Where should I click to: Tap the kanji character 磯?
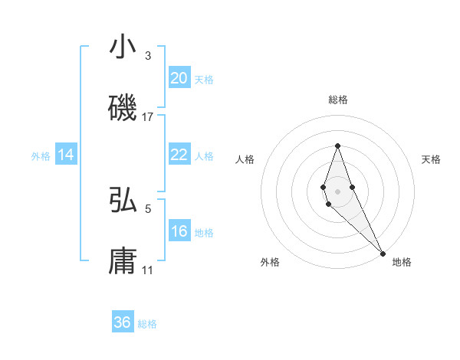pos(123,110)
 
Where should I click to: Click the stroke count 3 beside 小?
pos(148,56)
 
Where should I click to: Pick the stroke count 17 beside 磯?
pos(148,117)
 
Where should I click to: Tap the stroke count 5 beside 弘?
pos(149,208)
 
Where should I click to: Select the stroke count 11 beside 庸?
pos(148,270)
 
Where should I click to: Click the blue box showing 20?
pos(179,78)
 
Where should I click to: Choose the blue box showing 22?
pos(179,155)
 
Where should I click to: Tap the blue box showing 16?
pos(179,231)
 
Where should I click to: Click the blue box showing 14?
pos(66,155)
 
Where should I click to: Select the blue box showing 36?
pos(123,322)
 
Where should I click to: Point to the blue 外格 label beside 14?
pos(41,156)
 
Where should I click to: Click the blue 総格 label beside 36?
pos(147,324)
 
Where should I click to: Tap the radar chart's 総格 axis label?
pos(337,100)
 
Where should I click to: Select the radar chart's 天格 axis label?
pos(431,159)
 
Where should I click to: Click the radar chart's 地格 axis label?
pos(402,262)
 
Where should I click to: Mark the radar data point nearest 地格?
pos(383,253)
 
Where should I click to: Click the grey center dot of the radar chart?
pos(337,191)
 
